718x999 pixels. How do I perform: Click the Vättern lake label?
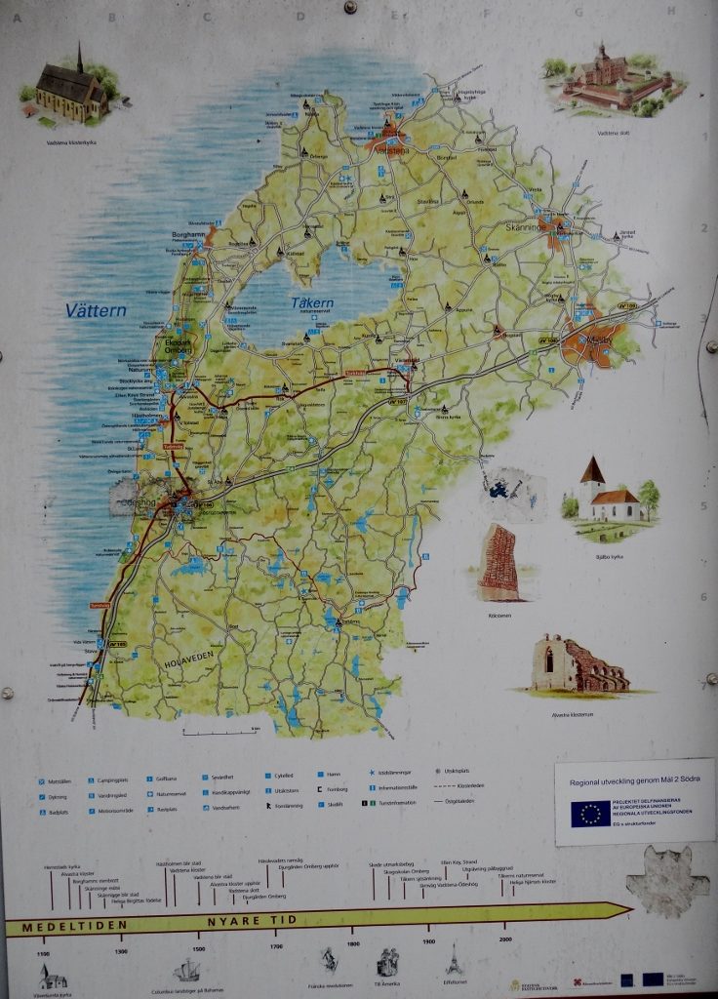tap(96, 311)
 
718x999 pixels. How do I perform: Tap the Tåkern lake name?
tap(312, 303)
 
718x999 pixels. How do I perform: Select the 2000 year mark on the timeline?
tap(505, 940)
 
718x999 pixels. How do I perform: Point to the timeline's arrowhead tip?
tap(630, 911)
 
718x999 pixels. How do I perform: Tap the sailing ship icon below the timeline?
tap(186, 970)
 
